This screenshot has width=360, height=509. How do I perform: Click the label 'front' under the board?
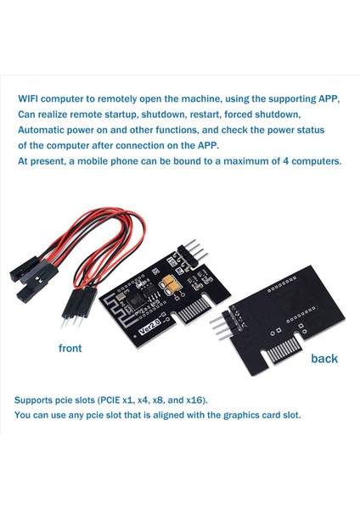(x=75, y=348)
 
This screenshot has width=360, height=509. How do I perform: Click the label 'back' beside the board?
(x=323, y=358)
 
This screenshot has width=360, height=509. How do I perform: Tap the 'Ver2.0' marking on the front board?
(x=129, y=323)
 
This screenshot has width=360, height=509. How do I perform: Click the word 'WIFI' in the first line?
(x=32, y=98)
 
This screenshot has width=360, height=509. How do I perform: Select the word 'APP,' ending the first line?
(x=326, y=98)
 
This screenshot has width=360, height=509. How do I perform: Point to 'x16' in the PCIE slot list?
(x=191, y=400)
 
